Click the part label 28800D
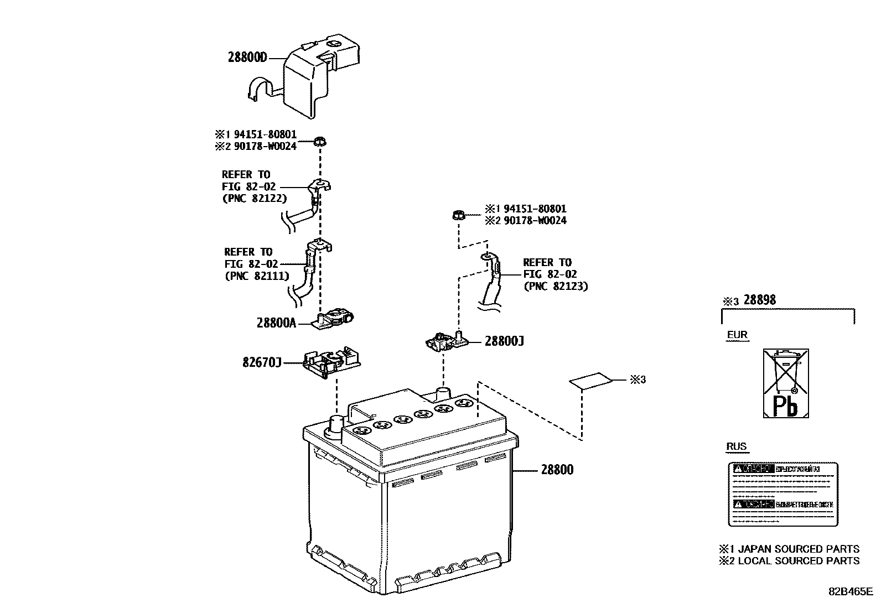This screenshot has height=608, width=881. click(x=247, y=57)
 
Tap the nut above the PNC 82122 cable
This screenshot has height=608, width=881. click(x=319, y=142)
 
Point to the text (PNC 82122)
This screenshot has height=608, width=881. click(x=255, y=198)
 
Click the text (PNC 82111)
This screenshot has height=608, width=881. click(x=257, y=276)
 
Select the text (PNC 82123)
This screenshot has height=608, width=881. click(x=556, y=286)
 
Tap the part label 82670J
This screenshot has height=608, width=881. click(x=262, y=362)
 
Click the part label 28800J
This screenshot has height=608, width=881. click(x=504, y=341)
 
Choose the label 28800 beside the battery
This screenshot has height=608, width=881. click(x=557, y=470)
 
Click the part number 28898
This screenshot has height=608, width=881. click(x=759, y=300)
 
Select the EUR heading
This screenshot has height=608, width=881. click(x=737, y=335)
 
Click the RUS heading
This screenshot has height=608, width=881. click(x=736, y=446)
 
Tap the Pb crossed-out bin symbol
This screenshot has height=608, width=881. click(x=786, y=383)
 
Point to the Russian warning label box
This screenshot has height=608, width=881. click(x=782, y=493)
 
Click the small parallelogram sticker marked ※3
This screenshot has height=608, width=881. click(x=591, y=381)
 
